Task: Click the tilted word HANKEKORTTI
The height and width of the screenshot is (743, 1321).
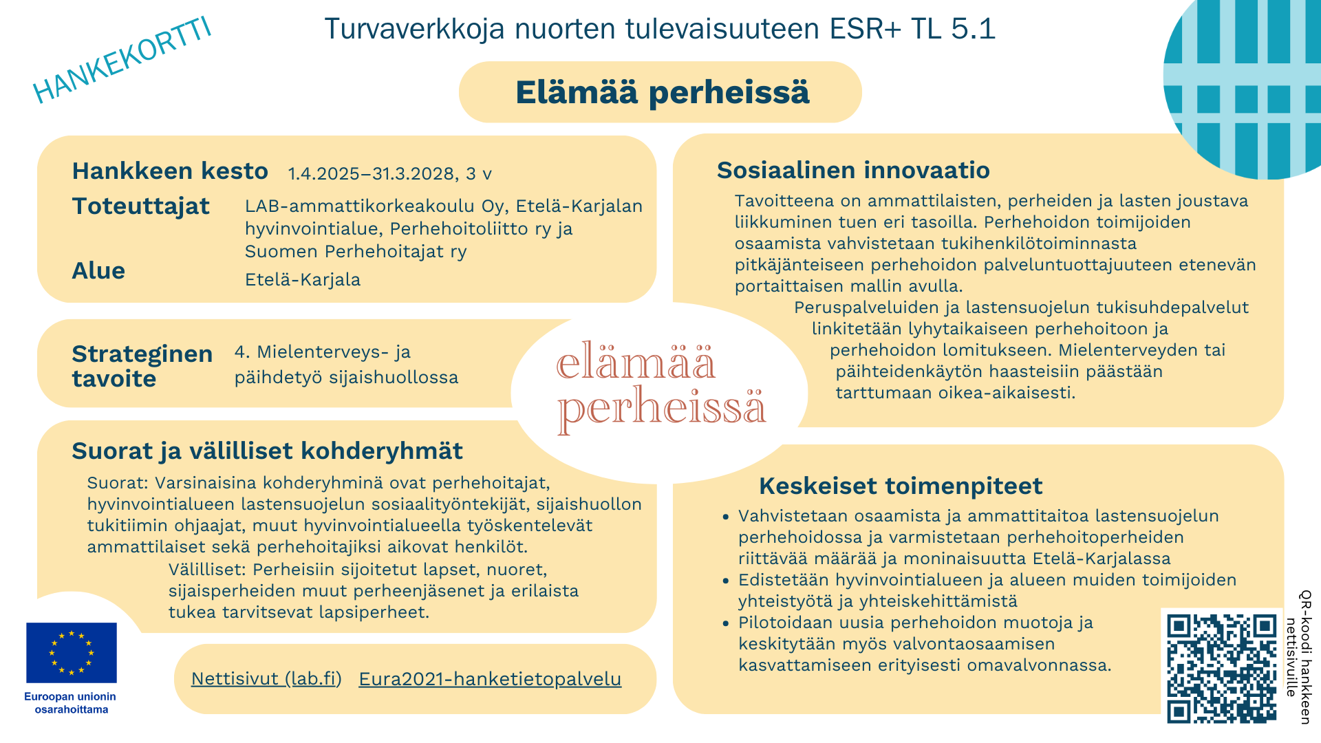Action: click(122, 61)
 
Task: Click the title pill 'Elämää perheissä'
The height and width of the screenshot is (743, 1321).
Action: click(660, 92)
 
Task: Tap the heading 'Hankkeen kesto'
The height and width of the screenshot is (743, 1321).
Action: click(170, 171)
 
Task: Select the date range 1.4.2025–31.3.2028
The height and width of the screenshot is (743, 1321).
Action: click(372, 174)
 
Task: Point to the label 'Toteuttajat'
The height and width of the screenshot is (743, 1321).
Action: click(140, 206)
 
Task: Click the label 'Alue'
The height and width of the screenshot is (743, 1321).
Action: click(98, 271)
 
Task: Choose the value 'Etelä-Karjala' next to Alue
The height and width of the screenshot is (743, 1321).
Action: click(303, 280)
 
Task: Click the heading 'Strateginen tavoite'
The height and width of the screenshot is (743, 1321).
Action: click(142, 366)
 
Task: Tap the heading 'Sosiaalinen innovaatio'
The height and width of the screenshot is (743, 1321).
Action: click(853, 170)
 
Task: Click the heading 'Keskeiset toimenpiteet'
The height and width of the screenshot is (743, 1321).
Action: click(901, 486)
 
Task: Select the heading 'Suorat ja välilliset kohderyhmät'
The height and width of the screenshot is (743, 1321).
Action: click(267, 451)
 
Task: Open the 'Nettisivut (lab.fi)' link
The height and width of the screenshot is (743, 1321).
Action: click(266, 679)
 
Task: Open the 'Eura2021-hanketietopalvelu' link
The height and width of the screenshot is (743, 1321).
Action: click(490, 679)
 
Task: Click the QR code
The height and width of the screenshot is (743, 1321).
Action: click(1221, 667)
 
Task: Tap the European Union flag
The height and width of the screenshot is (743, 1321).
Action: click(72, 653)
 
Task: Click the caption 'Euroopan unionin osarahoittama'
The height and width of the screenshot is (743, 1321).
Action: click(71, 703)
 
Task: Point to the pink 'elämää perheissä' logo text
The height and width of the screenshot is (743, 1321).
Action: click(660, 387)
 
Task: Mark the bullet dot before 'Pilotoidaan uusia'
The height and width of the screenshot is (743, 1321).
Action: click(725, 623)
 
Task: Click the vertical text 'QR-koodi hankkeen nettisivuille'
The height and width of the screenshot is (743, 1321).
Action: click(1298, 657)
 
